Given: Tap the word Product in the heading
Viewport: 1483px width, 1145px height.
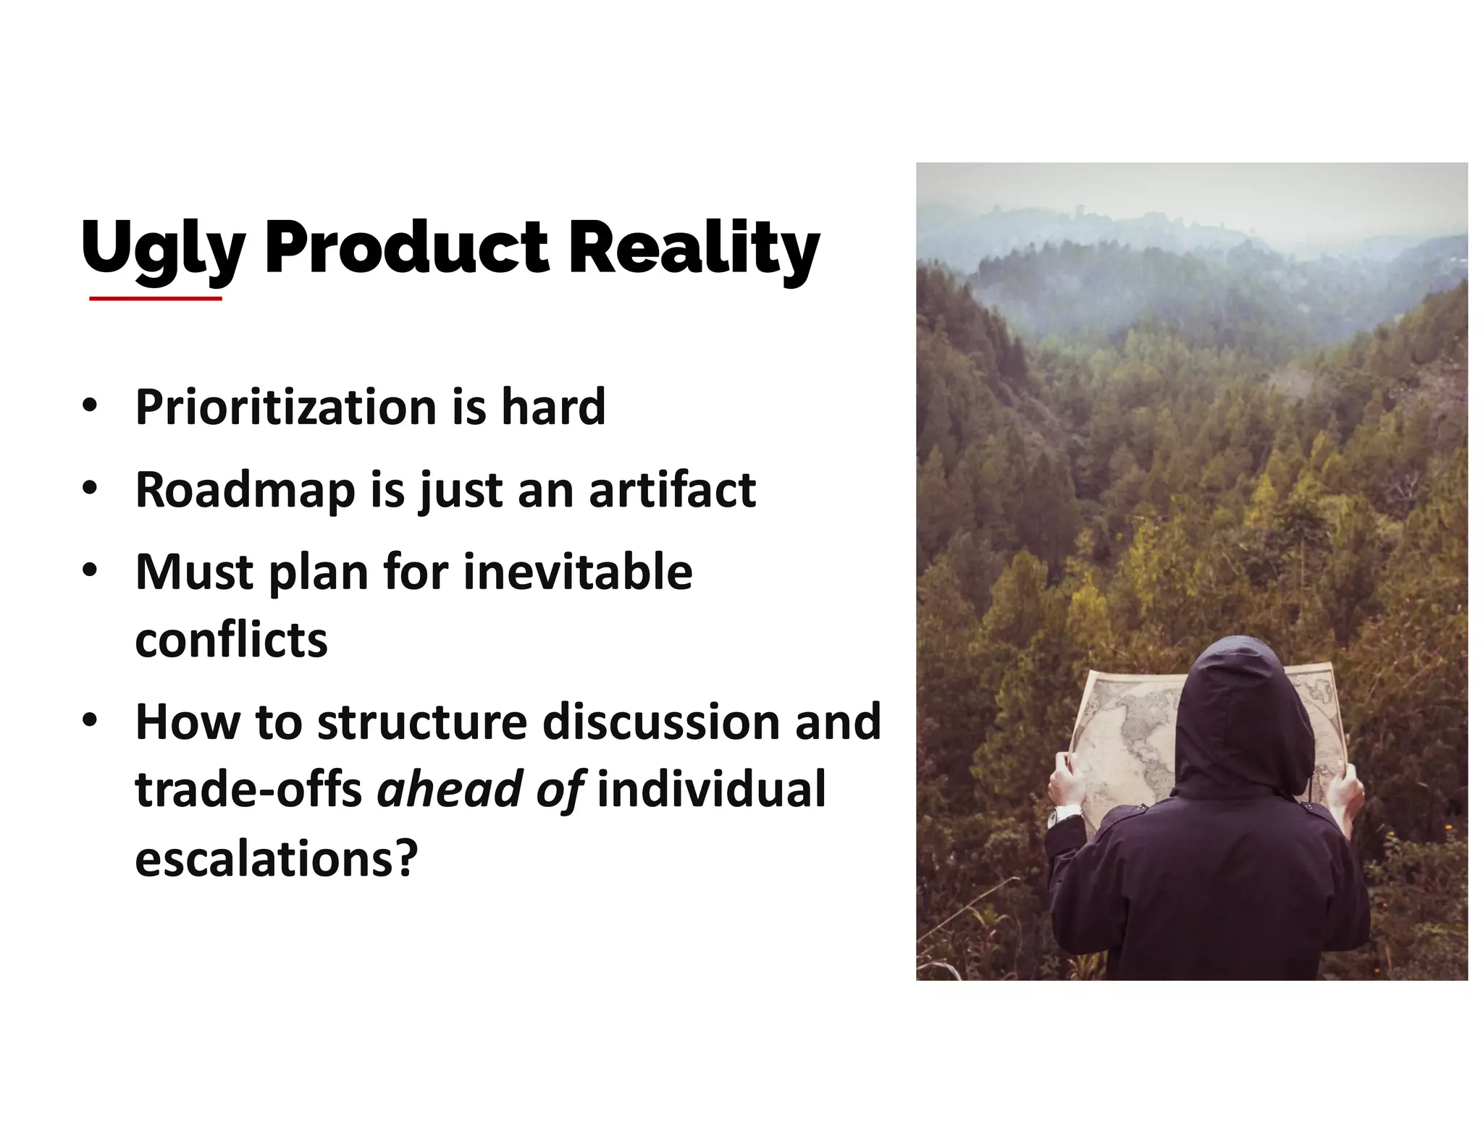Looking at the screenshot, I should click(406, 248).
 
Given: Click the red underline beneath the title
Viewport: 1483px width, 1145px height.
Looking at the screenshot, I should click(156, 298).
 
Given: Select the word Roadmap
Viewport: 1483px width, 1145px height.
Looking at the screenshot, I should click(245, 490).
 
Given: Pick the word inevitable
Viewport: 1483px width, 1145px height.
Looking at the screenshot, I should click(577, 572).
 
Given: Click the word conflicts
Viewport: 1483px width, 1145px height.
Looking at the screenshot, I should click(231, 640).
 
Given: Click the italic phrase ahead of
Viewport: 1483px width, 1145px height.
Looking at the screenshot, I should click(481, 789).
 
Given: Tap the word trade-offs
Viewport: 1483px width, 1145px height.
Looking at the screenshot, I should click(248, 789).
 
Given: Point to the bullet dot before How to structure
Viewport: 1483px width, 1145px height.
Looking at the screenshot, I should click(89, 722).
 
